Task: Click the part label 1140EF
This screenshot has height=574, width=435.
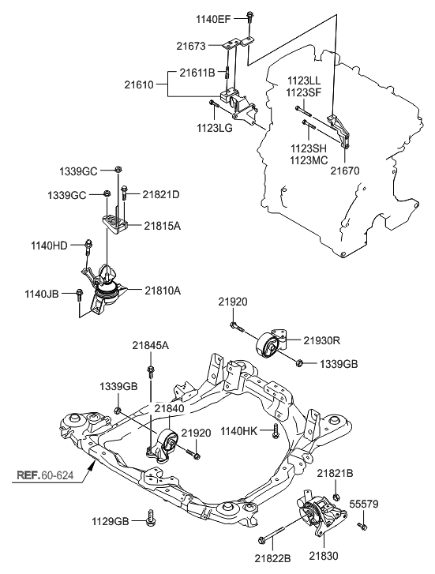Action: (x=213, y=19)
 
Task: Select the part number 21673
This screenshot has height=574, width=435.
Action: (x=191, y=46)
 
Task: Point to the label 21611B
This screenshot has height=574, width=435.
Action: (x=197, y=73)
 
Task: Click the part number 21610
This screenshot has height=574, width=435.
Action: (x=139, y=85)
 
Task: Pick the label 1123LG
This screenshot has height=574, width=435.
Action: (x=215, y=128)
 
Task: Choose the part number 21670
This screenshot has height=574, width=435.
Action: (x=345, y=171)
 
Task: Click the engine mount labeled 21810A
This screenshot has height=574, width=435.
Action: (x=104, y=289)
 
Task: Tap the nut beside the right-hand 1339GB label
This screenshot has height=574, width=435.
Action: (x=298, y=362)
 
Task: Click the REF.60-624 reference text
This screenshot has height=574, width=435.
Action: (x=46, y=475)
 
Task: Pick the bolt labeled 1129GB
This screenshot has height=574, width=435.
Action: (x=150, y=519)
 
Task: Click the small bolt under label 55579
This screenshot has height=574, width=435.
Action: (x=362, y=526)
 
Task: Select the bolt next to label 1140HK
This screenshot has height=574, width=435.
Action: (x=276, y=431)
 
